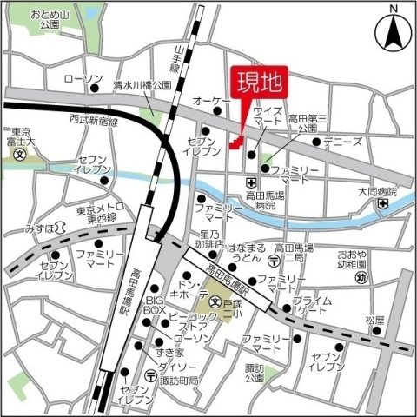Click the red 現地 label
click(x=261, y=84)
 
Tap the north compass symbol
click(x=394, y=32)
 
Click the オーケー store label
click(x=211, y=101)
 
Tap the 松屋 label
click(x=374, y=320)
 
